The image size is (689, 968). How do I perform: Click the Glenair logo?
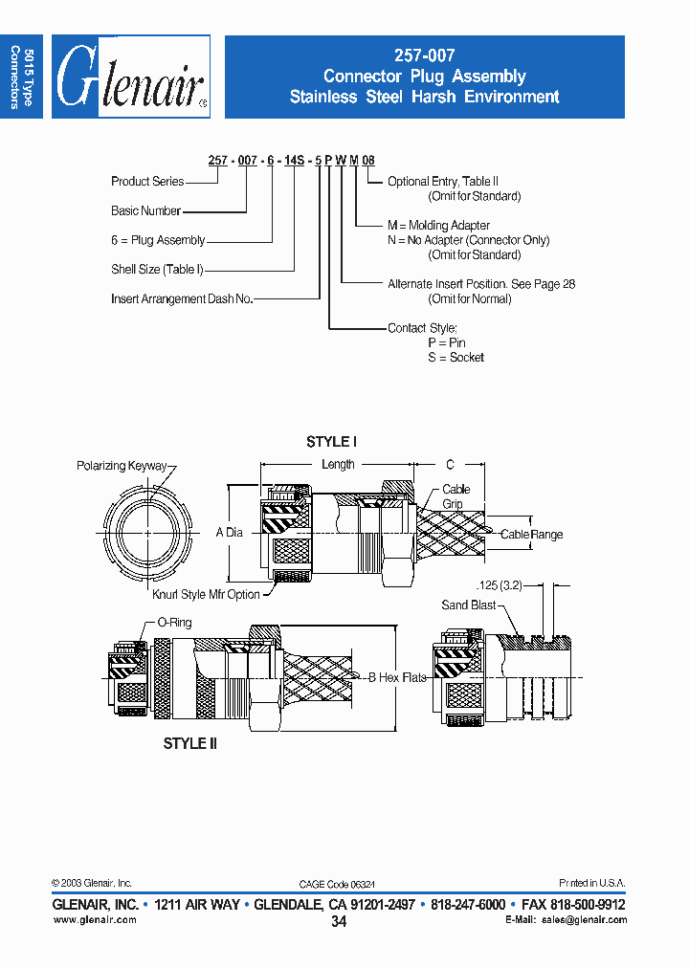tap(130, 77)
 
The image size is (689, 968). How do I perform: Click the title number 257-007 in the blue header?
tap(424, 56)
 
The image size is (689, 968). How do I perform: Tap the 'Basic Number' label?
tap(145, 210)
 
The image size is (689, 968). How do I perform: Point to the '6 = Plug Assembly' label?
tap(158, 240)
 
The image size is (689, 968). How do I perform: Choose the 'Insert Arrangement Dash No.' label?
tap(182, 299)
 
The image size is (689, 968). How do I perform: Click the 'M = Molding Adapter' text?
tap(438, 226)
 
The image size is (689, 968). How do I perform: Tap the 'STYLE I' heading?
tap(331, 442)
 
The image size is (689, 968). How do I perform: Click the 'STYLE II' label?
tap(189, 743)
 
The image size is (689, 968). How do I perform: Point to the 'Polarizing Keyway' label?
tap(122, 466)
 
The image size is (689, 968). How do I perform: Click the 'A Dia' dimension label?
tap(229, 532)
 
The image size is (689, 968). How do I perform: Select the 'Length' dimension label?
tap(338, 465)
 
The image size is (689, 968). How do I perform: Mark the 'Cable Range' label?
tap(531, 535)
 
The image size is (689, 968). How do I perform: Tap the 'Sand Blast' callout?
tap(469, 605)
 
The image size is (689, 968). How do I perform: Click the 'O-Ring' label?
tap(174, 623)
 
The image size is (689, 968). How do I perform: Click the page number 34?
tap(339, 922)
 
